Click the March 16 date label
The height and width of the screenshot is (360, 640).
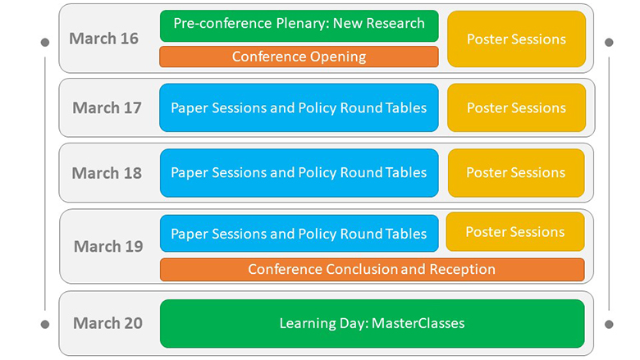[x=103, y=39]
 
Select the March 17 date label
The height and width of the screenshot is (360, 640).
[x=107, y=108]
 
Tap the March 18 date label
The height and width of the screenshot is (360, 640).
[x=107, y=173]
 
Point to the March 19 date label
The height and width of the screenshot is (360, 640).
[x=108, y=246]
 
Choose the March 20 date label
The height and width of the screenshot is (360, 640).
[x=107, y=323]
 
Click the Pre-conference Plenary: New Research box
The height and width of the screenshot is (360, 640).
[x=299, y=26]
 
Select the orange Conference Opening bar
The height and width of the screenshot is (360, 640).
[x=299, y=57]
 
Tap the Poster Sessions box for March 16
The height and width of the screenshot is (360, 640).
[x=516, y=39]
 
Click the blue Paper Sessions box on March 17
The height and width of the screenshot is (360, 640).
[x=299, y=108]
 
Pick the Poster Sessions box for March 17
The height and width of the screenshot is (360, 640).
[x=516, y=108]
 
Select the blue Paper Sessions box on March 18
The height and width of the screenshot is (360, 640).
[x=299, y=173]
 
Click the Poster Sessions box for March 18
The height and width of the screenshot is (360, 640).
[x=516, y=173]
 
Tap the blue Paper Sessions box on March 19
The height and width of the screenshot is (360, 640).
[x=299, y=234]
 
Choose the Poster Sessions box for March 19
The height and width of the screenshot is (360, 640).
[x=515, y=231]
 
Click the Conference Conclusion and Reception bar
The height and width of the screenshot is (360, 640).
[x=373, y=270]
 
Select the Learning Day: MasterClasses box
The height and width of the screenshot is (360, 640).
[x=373, y=324]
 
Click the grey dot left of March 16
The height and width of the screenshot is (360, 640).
[x=45, y=43]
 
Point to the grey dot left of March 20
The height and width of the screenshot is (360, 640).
[x=45, y=325]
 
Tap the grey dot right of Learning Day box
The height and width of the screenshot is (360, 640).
[x=609, y=325]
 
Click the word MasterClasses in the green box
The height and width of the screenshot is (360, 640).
[x=418, y=323]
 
